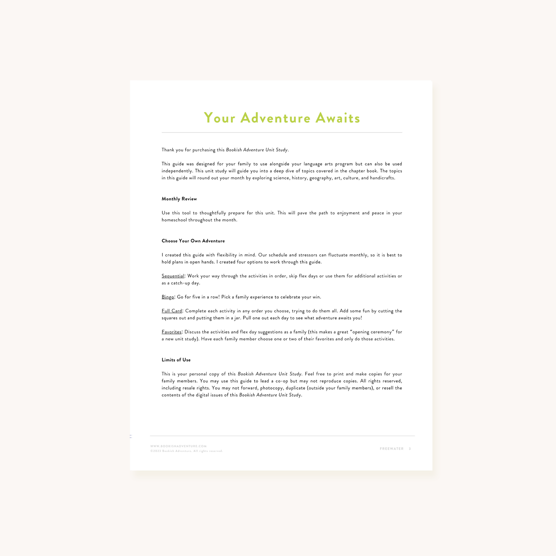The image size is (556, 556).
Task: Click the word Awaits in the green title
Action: (338, 118)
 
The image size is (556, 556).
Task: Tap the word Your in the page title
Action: (220, 118)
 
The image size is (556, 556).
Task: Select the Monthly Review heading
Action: (179, 199)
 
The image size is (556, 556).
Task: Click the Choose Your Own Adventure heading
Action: (193, 241)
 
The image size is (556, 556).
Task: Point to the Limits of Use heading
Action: (176, 360)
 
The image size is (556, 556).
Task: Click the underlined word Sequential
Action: (173, 276)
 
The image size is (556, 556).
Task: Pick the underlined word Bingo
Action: (168, 297)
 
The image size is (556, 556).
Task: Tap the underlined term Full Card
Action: (172, 311)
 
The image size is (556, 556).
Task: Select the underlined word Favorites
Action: (171, 332)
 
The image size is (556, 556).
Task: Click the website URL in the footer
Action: (178, 446)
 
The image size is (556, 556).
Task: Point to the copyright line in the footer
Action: (187, 451)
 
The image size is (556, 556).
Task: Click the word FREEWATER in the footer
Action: (392, 449)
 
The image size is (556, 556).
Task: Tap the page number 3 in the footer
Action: (410, 449)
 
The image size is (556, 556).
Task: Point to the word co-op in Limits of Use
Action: (282, 381)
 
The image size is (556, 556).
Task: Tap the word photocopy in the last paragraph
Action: (271, 388)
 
